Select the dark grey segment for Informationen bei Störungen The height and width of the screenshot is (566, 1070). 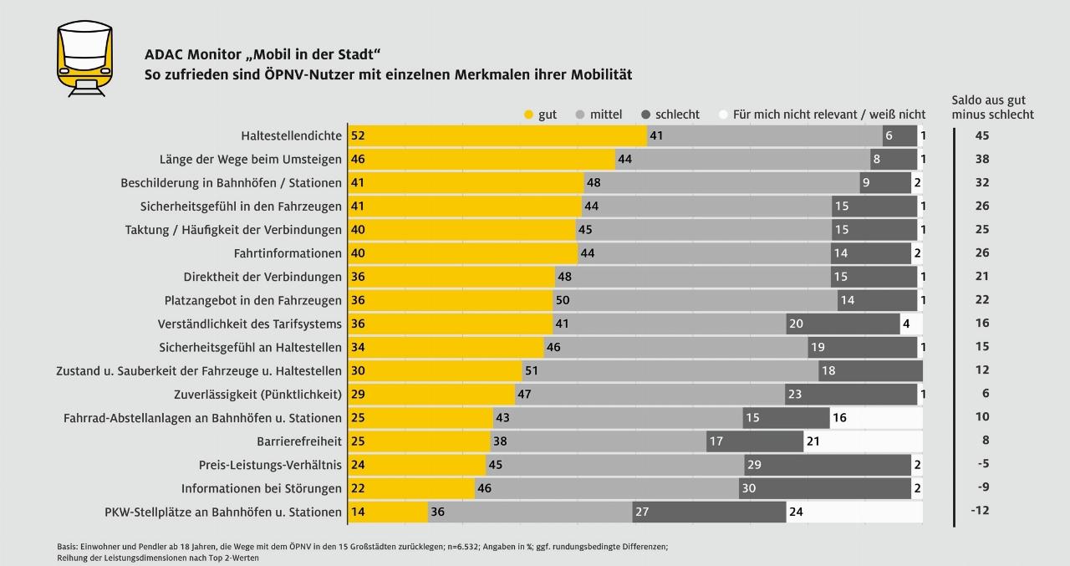click(x=825, y=488)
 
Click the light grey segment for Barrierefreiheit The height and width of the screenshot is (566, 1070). click(x=598, y=441)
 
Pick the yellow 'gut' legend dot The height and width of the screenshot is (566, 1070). click(x=527, y=115)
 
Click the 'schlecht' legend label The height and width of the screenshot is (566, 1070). click(x=678, y=115)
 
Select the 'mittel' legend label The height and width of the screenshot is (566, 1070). click(x=605, y=115)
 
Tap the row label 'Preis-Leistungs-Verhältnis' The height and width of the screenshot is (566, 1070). click(x=270, y=465)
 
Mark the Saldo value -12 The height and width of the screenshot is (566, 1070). click(x=981, y=511)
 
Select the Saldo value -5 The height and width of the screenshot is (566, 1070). click(x=982, y=464)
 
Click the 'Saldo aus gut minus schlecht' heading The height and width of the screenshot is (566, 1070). click(x=992, y=107)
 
